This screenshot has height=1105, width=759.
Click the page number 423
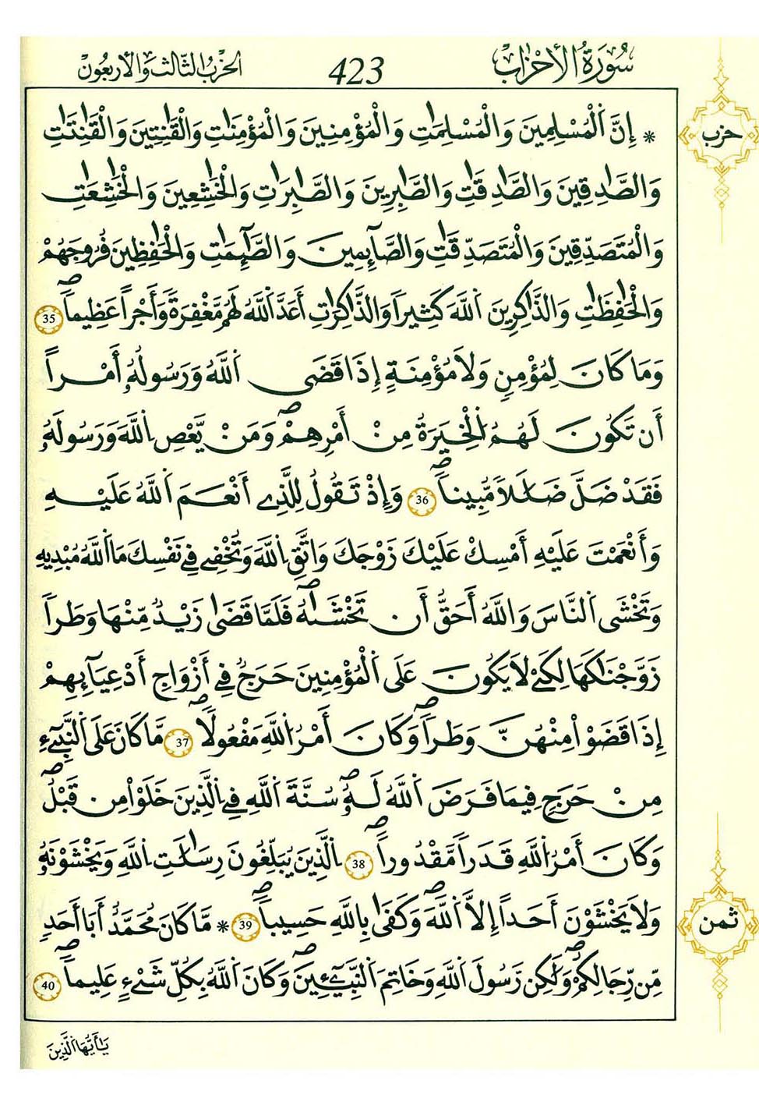tap(356, 71)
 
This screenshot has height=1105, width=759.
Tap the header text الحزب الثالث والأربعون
tap(160, 68)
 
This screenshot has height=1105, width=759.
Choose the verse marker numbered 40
tap(47, 986)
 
